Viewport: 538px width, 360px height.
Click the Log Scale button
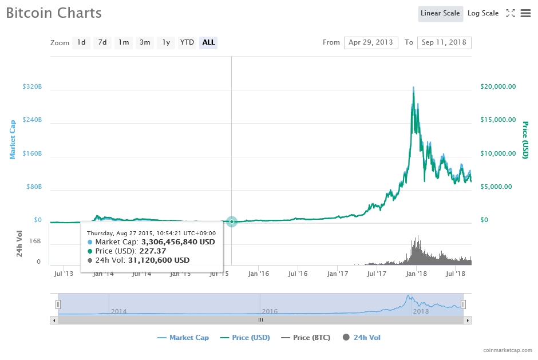pyautogui.click(x=482, y=13)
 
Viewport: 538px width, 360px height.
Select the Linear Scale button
pyautogui.click(x=440, y=13)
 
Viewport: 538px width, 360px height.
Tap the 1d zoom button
pyautogui.click(x=81, y=42)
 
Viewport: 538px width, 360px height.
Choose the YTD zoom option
pyautogui.click(x=187, y=42)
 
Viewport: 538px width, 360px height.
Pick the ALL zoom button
pyautogui.click(x=208, y=42)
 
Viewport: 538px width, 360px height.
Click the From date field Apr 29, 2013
pyautogui.click(x=371, y=42)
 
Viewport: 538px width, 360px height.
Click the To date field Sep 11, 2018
pyautogui.click(x=444, y=42)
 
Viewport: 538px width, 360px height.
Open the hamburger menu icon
pyautogui.click(x=525, y=13)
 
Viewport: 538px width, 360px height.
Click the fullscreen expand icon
pyautogui.click(x=511, y=13)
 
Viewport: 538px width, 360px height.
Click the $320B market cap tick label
pyautogui.click(x=32, y=86)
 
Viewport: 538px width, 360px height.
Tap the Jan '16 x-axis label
pyautogui.click(x=258, y=274)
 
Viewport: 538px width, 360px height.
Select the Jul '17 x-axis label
pyautogui.click(x=377, y=274)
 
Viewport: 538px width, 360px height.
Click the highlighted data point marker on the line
pyautogui.click(x=231, y=221)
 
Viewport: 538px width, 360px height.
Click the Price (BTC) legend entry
pyautogui.click(x=306, y=338)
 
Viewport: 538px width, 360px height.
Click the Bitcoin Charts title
pyautogui.click(x=54, y=13)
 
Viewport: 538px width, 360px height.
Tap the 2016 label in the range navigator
pyautogui.click(x=270, y=311)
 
